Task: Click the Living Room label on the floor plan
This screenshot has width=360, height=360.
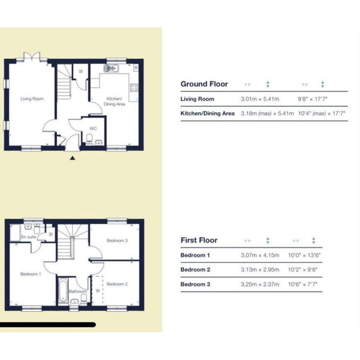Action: click(32, 99)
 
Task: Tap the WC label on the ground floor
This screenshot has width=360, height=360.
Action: click(93, 129)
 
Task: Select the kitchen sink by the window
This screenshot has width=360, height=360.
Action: click(111, 68)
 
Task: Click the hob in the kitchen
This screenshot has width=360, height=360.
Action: click(134, 88)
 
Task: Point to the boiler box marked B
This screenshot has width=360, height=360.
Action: click(136, 68)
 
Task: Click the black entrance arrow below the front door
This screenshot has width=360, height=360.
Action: click(72, 158)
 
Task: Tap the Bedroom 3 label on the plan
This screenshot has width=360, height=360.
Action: click(117, 241)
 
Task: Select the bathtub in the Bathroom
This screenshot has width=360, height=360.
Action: click(63, 290)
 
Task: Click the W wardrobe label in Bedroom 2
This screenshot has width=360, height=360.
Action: click(98, 291)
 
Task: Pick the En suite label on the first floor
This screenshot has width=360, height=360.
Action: click(29, 237)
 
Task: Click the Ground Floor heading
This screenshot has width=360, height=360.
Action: click(204, 84)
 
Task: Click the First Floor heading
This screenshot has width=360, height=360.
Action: click(199, 240)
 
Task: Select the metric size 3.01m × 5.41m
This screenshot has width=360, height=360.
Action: click(260, 99)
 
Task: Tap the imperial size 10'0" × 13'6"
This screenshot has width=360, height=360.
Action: click(304, 255)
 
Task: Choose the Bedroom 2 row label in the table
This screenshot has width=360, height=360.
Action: click(195, 270)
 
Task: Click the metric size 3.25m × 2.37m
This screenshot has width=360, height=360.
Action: click(260, 285)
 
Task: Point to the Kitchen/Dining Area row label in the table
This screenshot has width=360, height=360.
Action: click(207, 114)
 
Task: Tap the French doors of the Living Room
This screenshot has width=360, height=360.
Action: click(32, 57)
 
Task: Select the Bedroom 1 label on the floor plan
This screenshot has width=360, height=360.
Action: click(30, 274)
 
